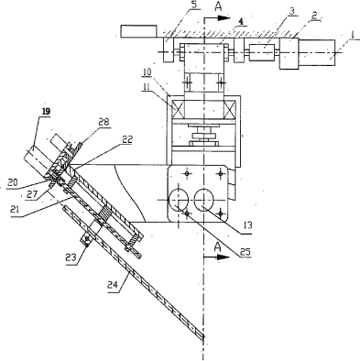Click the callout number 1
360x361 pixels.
click(x=353, y=35)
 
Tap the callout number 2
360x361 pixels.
click(x=315, y=16)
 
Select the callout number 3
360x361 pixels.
click(x=292, y=11)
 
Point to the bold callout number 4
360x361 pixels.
click(x=241, y=21)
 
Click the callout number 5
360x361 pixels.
click(x=195, y=5)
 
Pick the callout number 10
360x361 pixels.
click(x=147, y=72)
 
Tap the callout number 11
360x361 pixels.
click(x=147, y=86)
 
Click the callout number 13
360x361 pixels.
click(x=247, y=225)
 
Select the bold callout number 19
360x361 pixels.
click(x=46, y=112)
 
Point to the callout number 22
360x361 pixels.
click(x=127, y=139)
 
